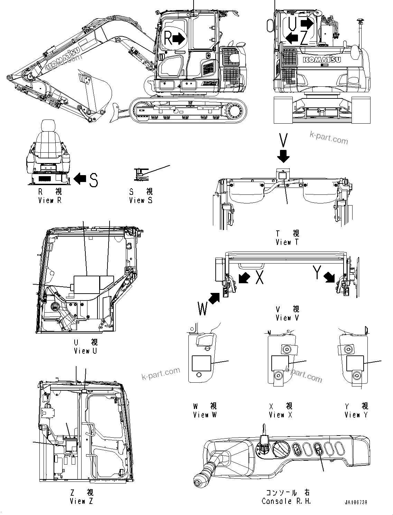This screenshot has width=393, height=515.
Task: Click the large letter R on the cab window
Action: (x=168, y=38)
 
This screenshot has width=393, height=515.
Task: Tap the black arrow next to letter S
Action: (x=80, y=179)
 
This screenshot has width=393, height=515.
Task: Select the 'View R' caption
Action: (x=50, y=200)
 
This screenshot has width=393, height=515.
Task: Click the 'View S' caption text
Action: (x=141, y=200)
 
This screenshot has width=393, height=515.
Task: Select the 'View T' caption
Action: (x=287, y=242)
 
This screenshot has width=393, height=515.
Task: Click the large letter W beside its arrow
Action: (x=203, y=308)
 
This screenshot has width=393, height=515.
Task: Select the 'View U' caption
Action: (x=85, y=351)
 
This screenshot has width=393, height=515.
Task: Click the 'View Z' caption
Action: (x=81, y=501)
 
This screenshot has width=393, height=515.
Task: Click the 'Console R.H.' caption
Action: (x=286, y=501)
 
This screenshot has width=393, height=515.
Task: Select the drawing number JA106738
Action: (x=356, y=503)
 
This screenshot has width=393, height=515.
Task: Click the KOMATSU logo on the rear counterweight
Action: (x=322, y=60)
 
